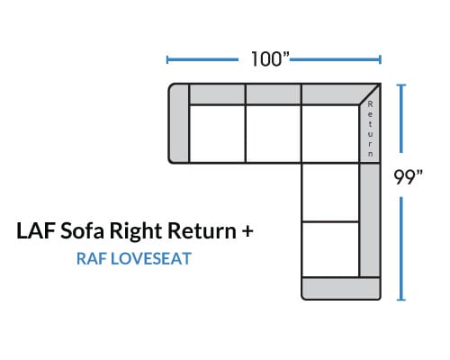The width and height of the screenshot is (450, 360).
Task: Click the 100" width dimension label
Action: click(x=270, y=58)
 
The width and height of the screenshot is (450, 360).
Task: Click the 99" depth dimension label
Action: click(x=408, y=176)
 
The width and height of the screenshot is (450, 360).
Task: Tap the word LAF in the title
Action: click(x=36, y=230)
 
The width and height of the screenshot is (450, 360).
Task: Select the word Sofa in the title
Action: click(x=82, y=230)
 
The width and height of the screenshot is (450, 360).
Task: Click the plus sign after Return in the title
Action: click(x=247, y=231)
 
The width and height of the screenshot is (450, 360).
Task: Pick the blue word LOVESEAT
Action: click(x=151, y=258)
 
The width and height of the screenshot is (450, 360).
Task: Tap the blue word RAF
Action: click(x=92, y=258)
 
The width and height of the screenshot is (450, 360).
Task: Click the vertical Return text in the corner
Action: click(x=371, y=129)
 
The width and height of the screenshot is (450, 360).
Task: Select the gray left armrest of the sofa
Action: click(x=179, y=123)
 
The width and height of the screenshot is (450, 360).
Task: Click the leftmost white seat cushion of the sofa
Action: click(x=218, y=134)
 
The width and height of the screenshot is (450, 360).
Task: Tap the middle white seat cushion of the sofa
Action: click(x=274, y=134)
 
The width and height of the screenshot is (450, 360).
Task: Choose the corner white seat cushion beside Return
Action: click(x=330, y=134)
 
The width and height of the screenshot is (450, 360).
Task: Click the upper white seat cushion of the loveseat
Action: click(x=330, y=193)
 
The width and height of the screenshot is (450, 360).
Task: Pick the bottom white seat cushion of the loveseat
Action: click(x=330, y=249)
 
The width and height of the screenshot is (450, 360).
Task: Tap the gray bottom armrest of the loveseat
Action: click(x=341, y=289)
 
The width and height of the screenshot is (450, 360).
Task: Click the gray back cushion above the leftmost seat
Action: click(x=218, y=94)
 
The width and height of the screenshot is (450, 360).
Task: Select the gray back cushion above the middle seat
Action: click(x=274, y=94)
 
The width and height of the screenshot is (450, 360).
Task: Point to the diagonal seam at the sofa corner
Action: click(x=370, y=94)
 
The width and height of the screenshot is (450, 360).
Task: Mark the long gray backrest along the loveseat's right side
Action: click(x=370, y=220)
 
